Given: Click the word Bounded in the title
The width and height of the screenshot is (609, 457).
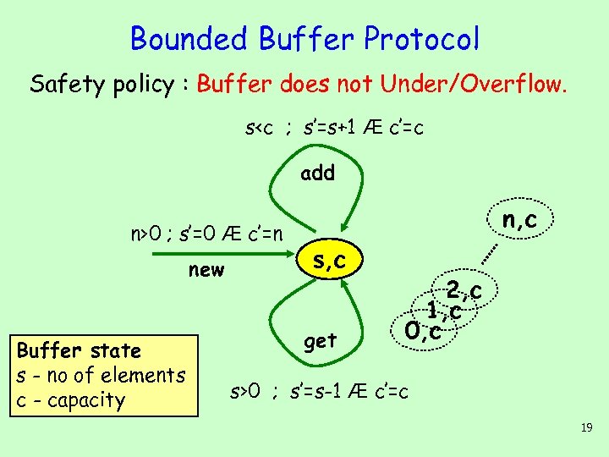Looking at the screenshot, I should click(189, 38).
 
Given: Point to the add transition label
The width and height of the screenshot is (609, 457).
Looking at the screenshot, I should click(318, 173).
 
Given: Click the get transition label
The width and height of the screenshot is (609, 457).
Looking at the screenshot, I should click(321, 340).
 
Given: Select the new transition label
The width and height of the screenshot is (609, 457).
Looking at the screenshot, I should click(206, 270).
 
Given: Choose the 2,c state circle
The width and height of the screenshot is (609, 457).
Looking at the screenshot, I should click(465, 292).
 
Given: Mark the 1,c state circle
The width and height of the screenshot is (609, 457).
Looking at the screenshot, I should click(444, 311).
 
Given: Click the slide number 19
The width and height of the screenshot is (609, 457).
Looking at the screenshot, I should click(586, 429).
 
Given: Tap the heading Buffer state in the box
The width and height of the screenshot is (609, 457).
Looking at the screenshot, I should click(78, 350).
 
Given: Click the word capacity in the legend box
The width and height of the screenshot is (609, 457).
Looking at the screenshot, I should click(83, 399).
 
